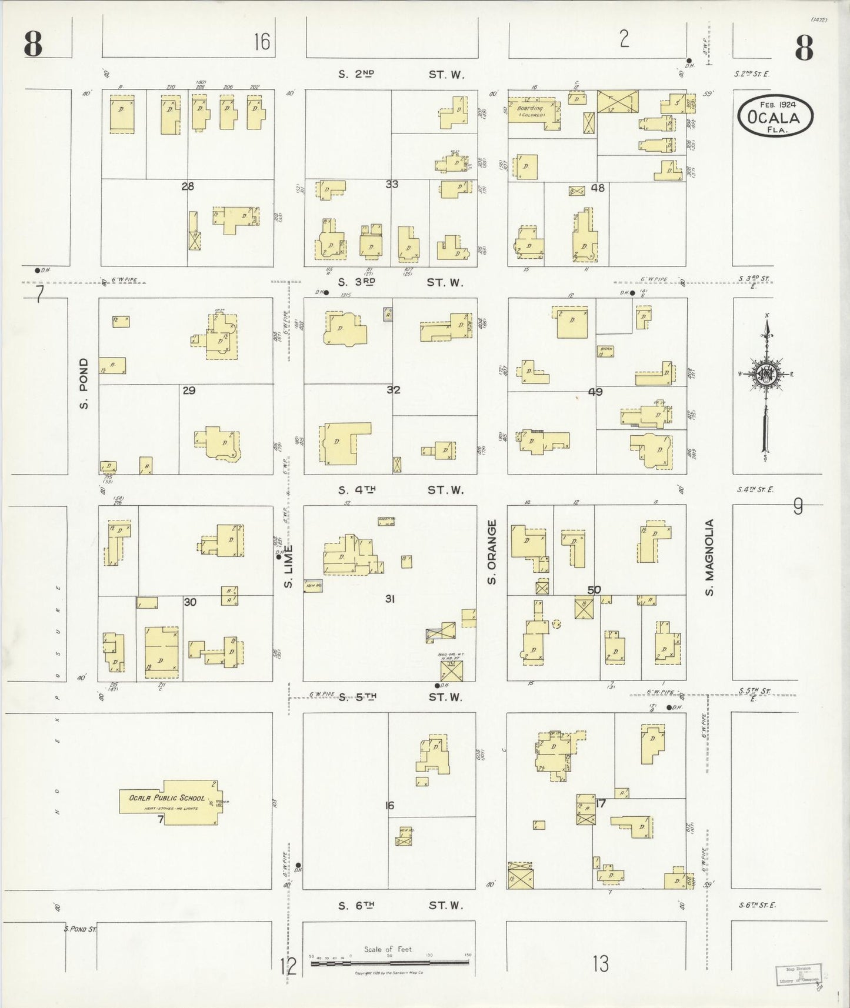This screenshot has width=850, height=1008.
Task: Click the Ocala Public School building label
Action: (x=167, y=798)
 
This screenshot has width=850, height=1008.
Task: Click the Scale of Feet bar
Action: (x=390, y=963)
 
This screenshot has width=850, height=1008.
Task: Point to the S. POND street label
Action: (x=84, y=383)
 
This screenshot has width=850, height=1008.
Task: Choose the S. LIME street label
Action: (x=288, y=566)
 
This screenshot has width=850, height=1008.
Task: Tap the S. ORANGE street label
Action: (x=492, y=552)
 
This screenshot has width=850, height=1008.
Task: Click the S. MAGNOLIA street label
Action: (x=709, y=557)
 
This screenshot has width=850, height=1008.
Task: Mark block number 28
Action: (x=187, y=186)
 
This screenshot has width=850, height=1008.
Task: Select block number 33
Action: (x=392, y=184)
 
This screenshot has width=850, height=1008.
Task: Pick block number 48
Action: (x=598, y=188)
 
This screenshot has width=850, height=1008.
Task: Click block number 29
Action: (x=189, y=390)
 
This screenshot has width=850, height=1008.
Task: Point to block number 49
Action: (x=595, y=392)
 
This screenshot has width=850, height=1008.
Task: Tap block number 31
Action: (x=389, y=599)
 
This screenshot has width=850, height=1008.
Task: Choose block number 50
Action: (x=594, y=589)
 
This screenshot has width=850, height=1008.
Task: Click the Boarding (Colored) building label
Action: (x=530, y=111)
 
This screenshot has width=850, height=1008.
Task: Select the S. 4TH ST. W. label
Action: (x=400, y=490)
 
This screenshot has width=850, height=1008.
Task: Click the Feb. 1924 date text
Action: (x=778, y=105)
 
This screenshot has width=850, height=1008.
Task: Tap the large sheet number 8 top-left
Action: (x=34, y=45)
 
